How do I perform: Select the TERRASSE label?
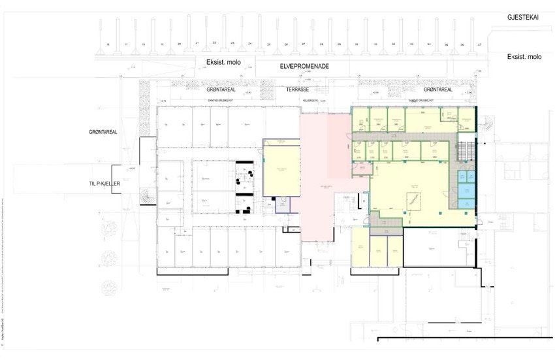coord(301,89)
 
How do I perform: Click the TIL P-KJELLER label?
coord(106,184)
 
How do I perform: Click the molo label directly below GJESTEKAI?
coord(524,57)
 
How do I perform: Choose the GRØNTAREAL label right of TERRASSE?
coord(437,90)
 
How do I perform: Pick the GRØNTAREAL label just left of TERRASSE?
coord(221,90)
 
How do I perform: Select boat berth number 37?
coord(479,44)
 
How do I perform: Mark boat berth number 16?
coord(107,44)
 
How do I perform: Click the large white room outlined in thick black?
coord(437,247)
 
